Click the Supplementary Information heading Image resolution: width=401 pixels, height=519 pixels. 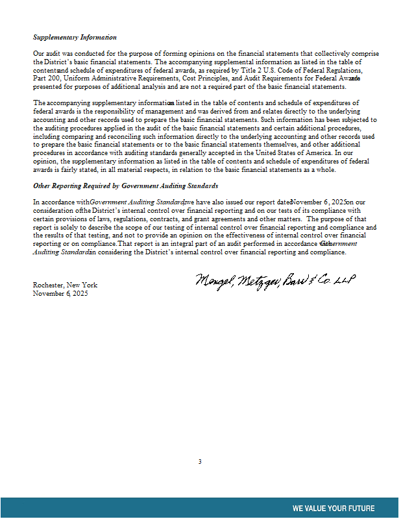pyautogui.click(x=75, y=38)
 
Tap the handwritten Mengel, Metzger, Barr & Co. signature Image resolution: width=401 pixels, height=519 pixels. pyautogui.click(x=276, y=282)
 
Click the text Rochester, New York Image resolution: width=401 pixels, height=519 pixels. pyautogui.click(x=65, y=285)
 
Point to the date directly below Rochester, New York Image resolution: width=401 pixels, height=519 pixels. pyautogui.click(x=60, y=293)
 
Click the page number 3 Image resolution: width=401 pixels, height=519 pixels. pyautogui.click(x=200, y=462)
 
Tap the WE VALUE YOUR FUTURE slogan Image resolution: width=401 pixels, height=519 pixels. pyautogui.click(x=333, y=508)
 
